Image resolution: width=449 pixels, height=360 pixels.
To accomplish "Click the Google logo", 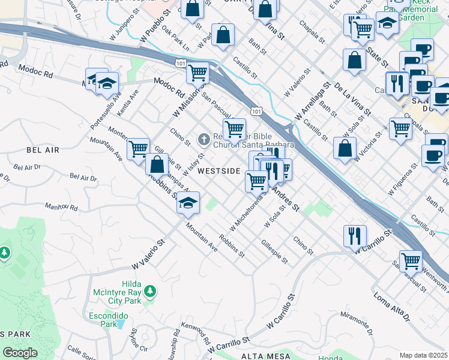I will pyautogui.click(x=19, y=353).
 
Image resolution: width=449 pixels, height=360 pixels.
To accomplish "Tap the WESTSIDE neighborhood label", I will pyautogui.click(x=219, y=171).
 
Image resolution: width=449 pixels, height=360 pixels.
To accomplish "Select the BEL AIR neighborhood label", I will pyautogui.click(x=43, y=150).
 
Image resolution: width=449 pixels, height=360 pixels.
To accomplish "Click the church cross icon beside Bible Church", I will pyautogui.click(x=203, y=140).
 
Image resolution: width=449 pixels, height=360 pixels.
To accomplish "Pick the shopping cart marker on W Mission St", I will pyautogui.click(x=197, y=73).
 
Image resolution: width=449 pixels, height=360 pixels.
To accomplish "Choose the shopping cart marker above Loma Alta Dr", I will pyautogui.click(x=411, y=261).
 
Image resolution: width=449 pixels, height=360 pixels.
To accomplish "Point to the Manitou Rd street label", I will pyautogui.click(x=61, y=207).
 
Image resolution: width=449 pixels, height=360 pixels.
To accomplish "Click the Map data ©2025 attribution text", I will pyautogui.click(x=423, y=355).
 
